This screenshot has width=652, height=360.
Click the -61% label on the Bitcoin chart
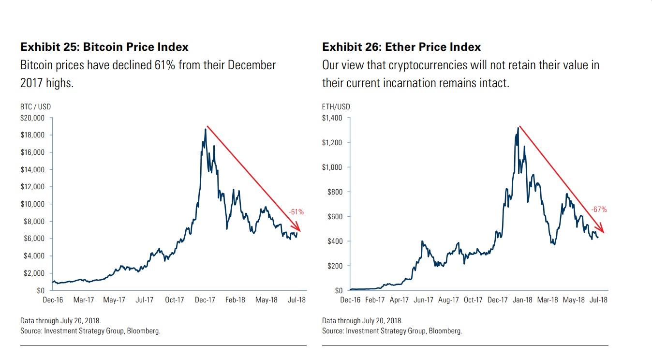coord(296,211)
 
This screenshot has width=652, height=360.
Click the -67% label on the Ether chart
coord(599,210)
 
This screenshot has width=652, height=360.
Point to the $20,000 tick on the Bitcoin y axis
coord(33,118)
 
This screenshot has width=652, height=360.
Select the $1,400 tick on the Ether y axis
coord(332,118)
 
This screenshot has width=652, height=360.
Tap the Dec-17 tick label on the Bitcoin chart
coord(205,300)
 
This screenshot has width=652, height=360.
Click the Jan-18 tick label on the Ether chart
coord(522,300)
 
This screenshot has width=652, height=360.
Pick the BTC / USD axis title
coord(35,106)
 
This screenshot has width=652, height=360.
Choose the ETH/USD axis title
coord(336,106)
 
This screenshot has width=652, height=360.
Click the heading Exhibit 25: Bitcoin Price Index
coord(104,47)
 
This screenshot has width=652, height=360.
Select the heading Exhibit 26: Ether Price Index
coord(401,47)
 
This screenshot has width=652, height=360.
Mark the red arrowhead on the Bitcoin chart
coord(298,228)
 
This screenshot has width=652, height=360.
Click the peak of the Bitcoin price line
coord(205,129)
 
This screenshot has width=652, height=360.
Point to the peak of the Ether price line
coord(518,128)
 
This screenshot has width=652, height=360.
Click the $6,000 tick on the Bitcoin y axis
coord(34,239)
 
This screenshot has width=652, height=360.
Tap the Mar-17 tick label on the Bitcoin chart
coord(84,300)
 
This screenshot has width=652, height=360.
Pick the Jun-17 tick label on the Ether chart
coord(424,300)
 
